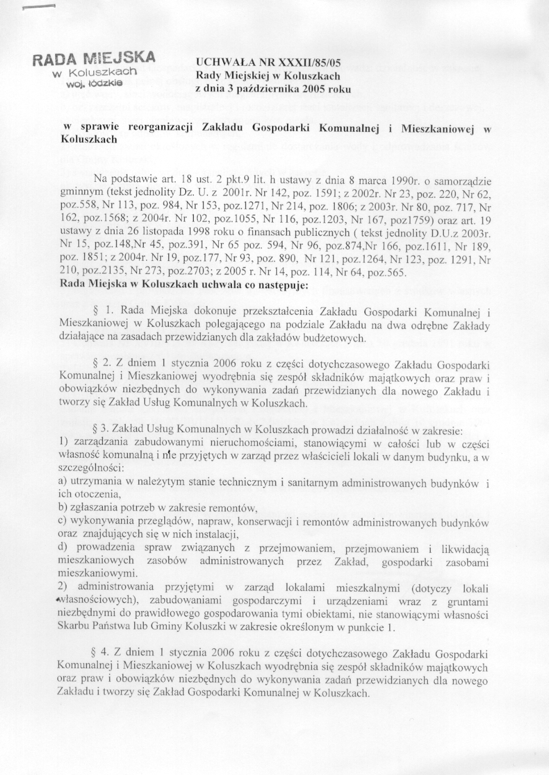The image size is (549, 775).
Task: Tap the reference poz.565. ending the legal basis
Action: (389, 273)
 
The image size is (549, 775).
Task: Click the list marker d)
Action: (64, 547)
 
